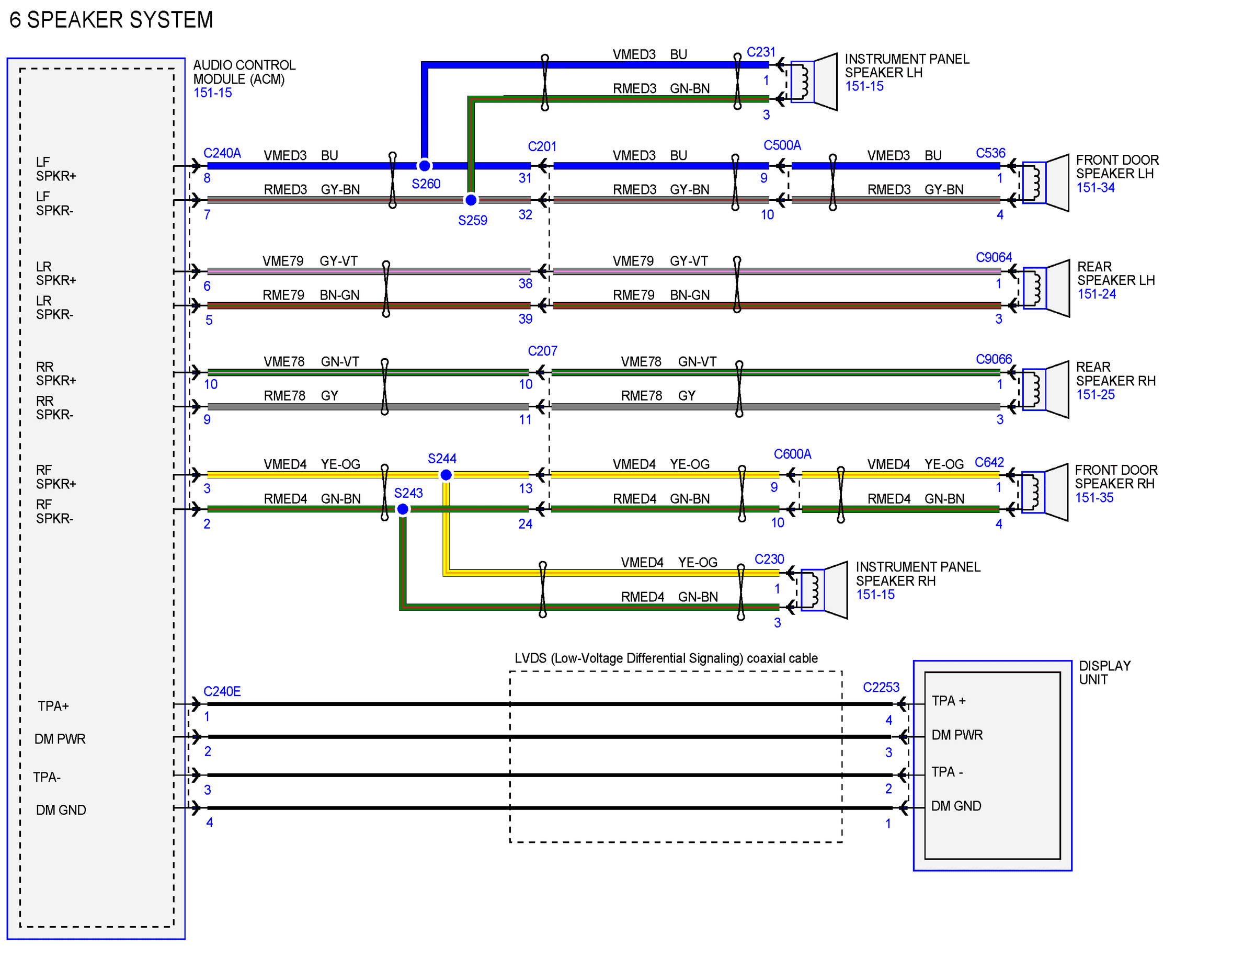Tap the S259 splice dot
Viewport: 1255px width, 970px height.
tap(471, 200)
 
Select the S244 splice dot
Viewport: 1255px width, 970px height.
tap(446, 475)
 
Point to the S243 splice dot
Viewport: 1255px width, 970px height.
tap(403, 509)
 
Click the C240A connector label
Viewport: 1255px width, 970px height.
tap(222, 153)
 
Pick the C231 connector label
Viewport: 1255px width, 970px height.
tap(761, 52)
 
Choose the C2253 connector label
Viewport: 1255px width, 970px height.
tap(881, 687)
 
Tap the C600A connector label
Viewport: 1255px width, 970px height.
tap(792, 454)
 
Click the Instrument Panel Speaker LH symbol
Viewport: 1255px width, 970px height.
tap(814, 82)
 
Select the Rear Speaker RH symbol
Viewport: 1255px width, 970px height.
tap(1045, 390)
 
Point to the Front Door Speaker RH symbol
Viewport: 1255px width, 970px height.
tap(1045, 493)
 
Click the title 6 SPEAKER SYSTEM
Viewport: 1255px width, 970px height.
tap(111, 20)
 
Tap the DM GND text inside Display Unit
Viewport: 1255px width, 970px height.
tap(956, 806)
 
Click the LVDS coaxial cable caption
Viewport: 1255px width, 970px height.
tap(666, 658)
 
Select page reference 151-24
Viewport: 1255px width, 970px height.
tap(1097, 294)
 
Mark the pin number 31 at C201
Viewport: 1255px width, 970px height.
tap(525, 178)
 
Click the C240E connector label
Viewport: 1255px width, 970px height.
tap(222, 691)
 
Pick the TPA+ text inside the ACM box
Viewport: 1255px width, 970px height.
tap(53, 706)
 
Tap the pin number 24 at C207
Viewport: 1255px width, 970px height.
tap(525, 524)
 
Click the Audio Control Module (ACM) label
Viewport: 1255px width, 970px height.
tap(244, 72)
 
